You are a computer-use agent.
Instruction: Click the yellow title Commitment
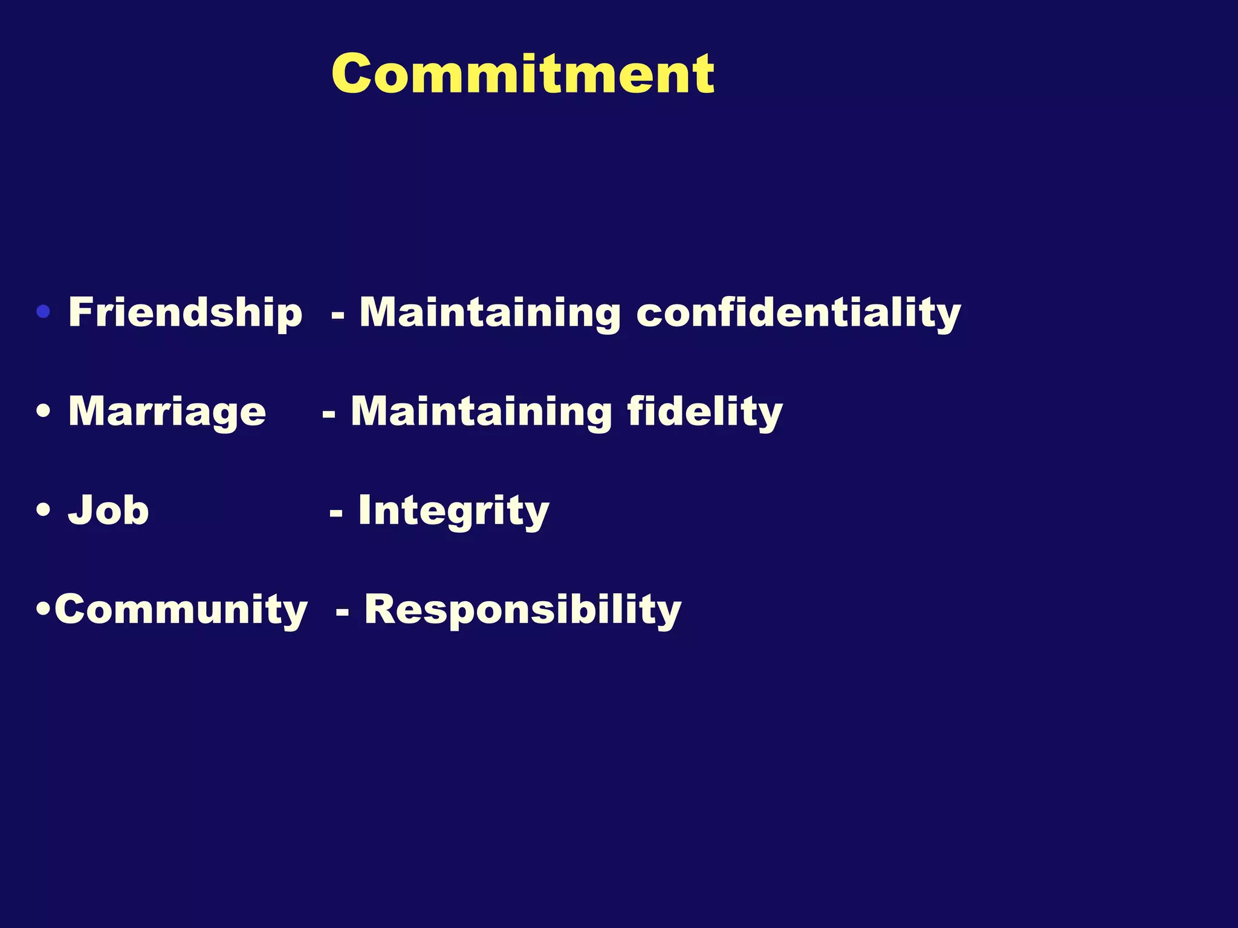tap(523, 74)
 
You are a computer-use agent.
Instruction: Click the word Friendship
tap(185, 312)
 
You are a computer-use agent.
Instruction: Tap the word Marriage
tap(167, 413)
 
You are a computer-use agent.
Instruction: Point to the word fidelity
tap(705, 413)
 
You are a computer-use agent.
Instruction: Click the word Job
tap(109, 511)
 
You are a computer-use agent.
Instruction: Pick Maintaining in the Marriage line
tap(481, 413)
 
